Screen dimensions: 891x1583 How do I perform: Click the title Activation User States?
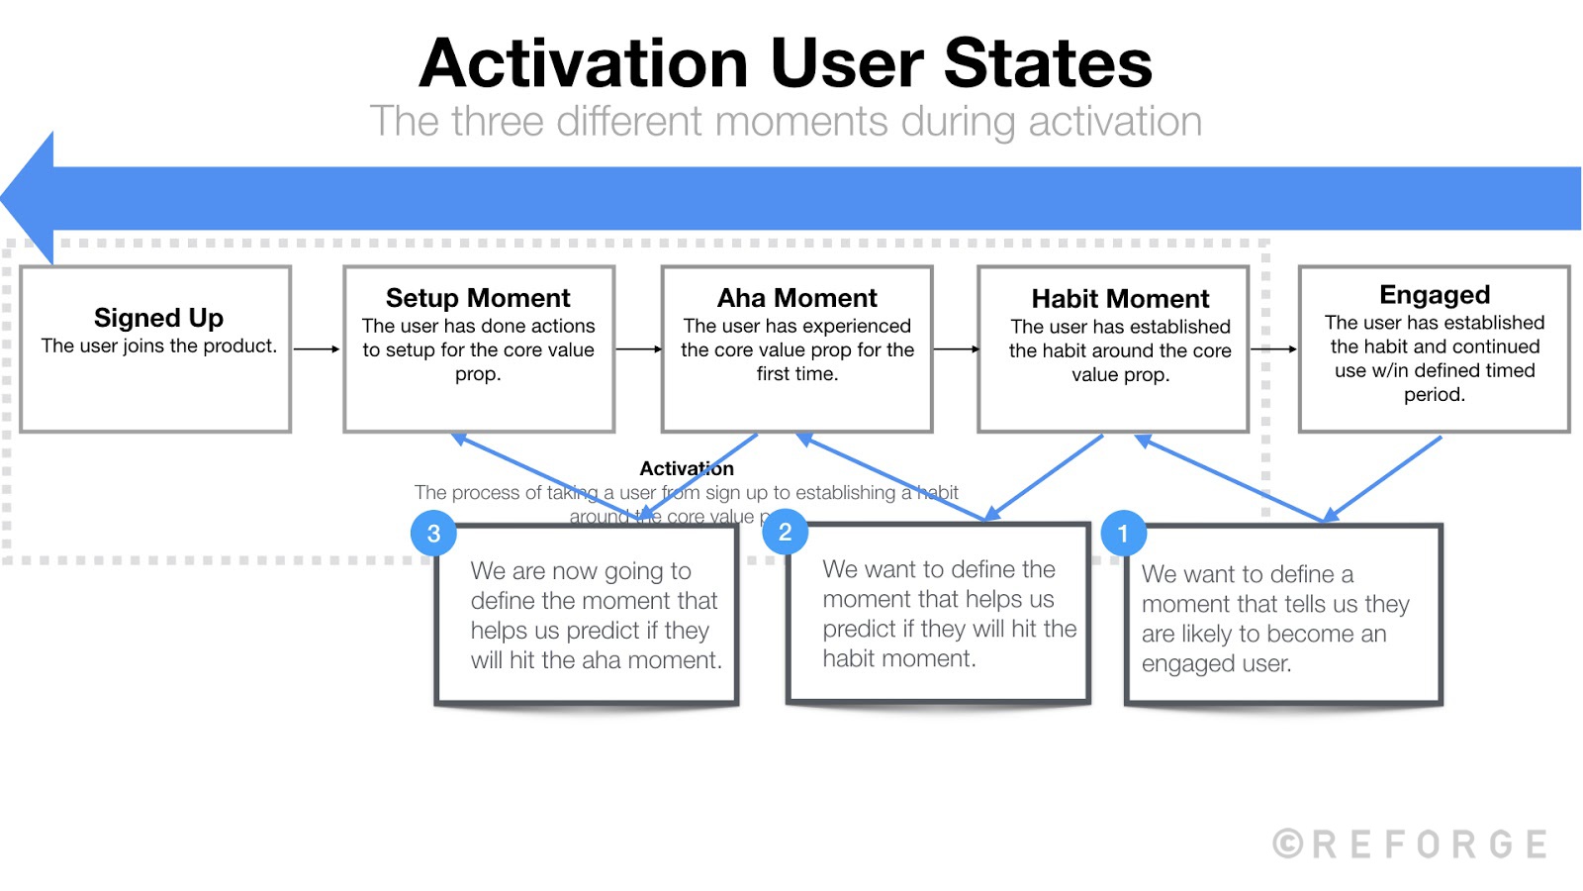[786, 63]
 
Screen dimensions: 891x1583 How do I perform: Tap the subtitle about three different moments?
[786, 122]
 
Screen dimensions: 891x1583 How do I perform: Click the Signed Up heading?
[158, 318]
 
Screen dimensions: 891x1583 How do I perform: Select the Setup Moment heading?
[478, 298]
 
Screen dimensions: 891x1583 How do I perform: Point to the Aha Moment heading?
[796, 298]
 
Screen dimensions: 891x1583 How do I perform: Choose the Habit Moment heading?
[1120, 299]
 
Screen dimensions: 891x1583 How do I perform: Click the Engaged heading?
[1434, 295]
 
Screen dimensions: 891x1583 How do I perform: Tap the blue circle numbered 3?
[433, 534]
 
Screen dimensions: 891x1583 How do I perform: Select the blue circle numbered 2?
[785, 533]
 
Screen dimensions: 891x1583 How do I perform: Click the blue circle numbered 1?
[1123, 534]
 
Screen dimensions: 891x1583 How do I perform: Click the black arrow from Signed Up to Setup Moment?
[317, 348]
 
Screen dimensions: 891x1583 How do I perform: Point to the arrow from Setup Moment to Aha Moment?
[638, 348]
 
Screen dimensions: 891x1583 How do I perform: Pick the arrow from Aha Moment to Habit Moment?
[956, 348]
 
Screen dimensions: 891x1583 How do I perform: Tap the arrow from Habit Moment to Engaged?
[1273, 348]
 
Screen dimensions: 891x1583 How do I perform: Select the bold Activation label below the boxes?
[687, 468]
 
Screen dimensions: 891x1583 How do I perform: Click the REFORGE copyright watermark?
[1411, 844]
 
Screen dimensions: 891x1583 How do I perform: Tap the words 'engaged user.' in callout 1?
[1216, 663]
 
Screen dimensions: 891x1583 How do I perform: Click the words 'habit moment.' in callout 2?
[898, 658]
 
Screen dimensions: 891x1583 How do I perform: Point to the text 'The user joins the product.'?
[158, 346]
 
